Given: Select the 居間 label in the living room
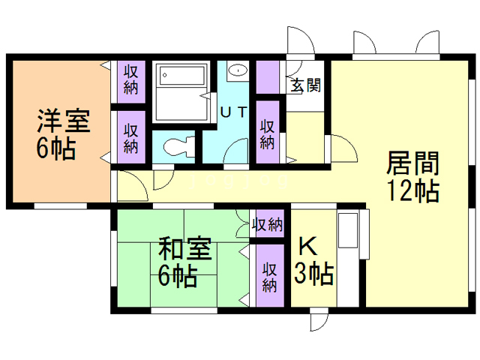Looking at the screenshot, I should [412, 163].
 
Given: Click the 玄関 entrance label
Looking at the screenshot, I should [306, 85].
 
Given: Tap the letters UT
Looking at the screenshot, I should [233, 112].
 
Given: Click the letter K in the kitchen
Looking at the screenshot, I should [307, 246].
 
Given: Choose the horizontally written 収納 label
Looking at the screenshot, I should [267, 224].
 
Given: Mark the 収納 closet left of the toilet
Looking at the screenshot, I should [130, 136].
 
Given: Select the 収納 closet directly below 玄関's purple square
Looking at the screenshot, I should [266, 133].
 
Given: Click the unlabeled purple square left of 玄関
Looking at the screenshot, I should [268, 76].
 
